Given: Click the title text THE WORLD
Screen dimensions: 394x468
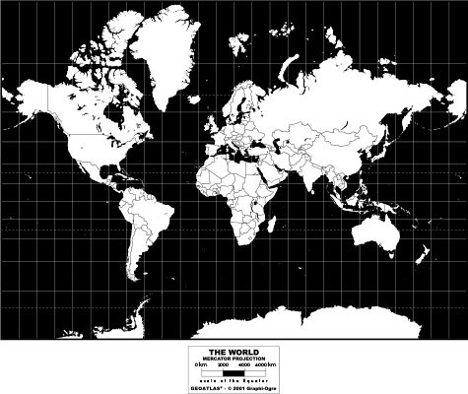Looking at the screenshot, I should pos(234,350).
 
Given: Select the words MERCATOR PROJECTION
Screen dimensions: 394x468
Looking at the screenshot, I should pos(234,357).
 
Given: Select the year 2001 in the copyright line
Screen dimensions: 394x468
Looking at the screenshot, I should pos(242,386).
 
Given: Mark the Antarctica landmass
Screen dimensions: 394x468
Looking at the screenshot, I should pos(296,323).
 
